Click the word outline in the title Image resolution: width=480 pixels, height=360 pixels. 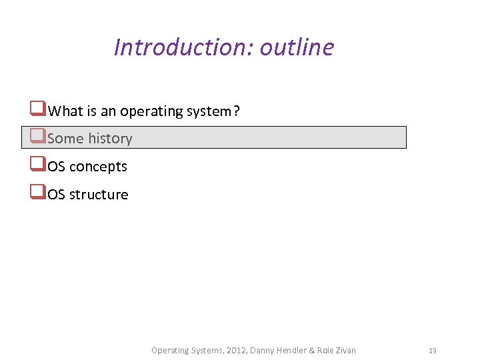(x=297, y=47)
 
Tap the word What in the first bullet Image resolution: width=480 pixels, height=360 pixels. (x=65, y=111)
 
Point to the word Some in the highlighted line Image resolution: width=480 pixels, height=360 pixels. (x=65, y=139)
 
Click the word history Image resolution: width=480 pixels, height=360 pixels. (x=110, y=139)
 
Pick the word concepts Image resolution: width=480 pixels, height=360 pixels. (x=98, y=167)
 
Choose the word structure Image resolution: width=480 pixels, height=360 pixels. (x=99, y=195)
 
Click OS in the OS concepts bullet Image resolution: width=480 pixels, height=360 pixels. (x=57, y=167)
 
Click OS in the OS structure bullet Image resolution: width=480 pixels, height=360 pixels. (x=57, y=195)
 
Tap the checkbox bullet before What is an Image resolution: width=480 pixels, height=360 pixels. (x=37, y=109)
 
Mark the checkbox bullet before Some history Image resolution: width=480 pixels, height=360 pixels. (x=37, y=137)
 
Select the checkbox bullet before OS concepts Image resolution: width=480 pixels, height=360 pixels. (x=37, y=165)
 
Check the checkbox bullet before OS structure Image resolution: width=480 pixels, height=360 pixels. (x=37, y=193)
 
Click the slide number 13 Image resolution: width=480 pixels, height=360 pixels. (x=433, y=351)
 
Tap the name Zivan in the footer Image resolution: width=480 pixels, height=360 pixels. (x=344, y=351)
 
